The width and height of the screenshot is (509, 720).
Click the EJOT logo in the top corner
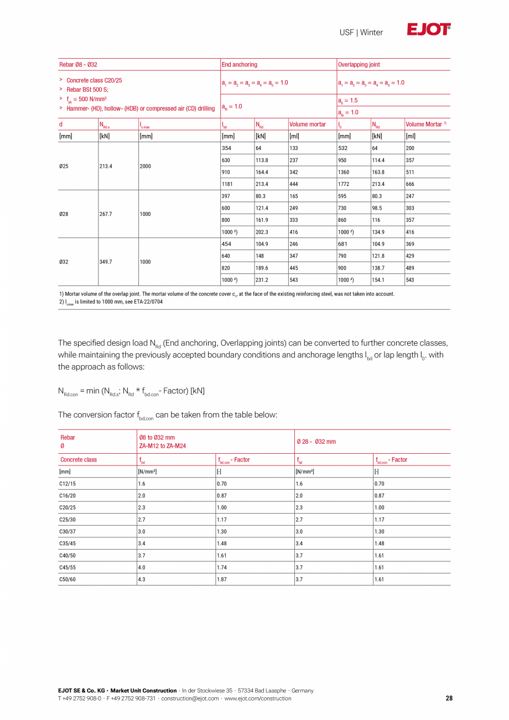pyautogui.click(x=429, y=30)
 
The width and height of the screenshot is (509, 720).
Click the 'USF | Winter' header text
pyautogui.click(x=361, y=33)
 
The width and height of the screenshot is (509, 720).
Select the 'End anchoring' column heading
pyautogui.click(x=239, y=65)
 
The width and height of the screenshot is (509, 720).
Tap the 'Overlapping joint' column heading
pyautogui.click(x=359, y=65)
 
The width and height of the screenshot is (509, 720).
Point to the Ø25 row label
pyautogui.click(x=64, y=166)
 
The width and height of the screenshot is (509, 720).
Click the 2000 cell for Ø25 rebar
pyautogui.click(x=146, y=166)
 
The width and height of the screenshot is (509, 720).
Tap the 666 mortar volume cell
pyautogui.click(x=410, y=184)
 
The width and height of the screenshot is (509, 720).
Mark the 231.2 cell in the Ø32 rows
pyautogui.click(x=262, y=280)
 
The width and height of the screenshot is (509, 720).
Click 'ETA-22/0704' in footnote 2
pyautogui.click(x=148, y=302)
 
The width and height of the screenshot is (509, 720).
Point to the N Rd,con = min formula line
pyautogui.click(x=131, y=391)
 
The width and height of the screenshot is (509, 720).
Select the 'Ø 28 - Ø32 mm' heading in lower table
pyautogui.click(x=316, y=442)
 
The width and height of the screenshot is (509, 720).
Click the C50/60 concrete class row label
pyautogui.click(x=67, y=579)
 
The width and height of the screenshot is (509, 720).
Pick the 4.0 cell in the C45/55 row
pyautogui.click(x=142, y=567)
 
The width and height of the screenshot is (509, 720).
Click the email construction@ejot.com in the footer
pyautogui.click(x=190, y=698)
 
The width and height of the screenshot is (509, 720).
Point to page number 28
pyautogui.click(x=449, y=698)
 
